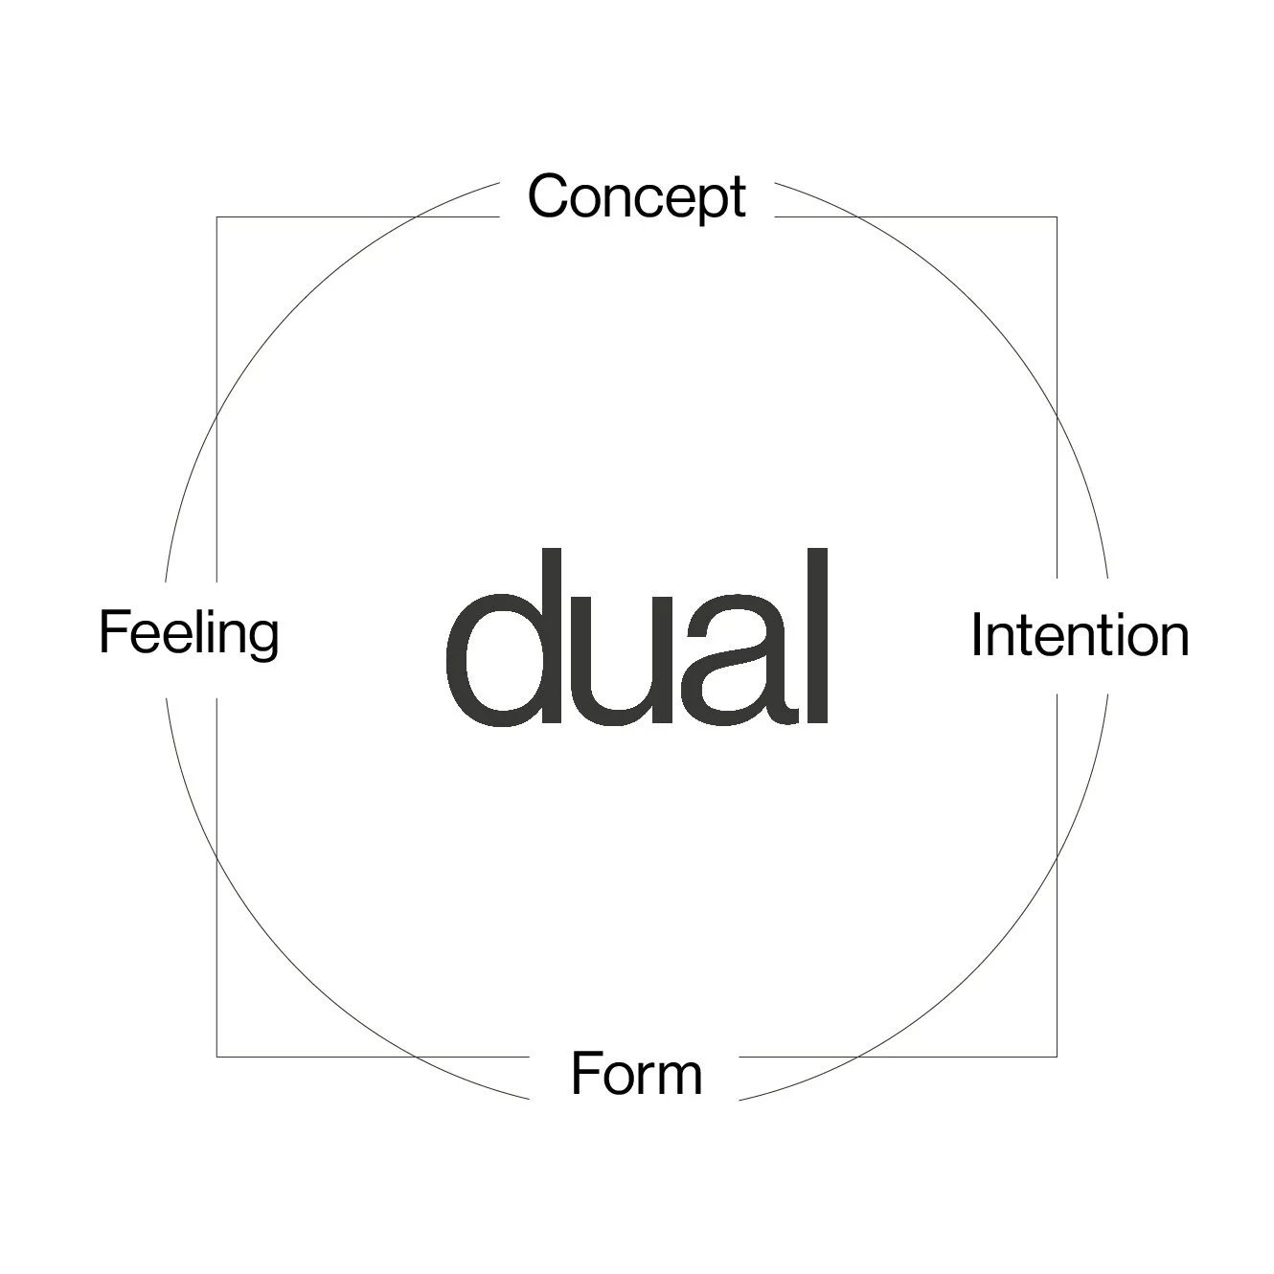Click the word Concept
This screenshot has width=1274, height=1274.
pyautogui.click(x=636, y=196)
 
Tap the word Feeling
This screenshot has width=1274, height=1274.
pyautogui.click(x=189, y=633)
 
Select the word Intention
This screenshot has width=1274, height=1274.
pyautogui.click(x=1080, y=635)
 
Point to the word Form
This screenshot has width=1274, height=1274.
pyautogui.click(x=636, y=1074)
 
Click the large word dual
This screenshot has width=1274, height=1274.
pyautogui.click(x=637, y=638)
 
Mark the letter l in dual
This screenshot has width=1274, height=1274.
pyautogui.click(x=815, y=636)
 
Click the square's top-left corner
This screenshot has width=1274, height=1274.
pyautogui.click(x=217, y=217)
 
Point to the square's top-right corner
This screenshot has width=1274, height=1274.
pyautogui.click(x=1057, y=217)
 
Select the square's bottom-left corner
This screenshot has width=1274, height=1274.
pyautogui.click(x=217, y=1057)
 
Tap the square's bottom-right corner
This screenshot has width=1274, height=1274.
pyautogui.click(x=1057, y=1057)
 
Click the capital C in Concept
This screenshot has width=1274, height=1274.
pyautogui.click(x=551, y=195)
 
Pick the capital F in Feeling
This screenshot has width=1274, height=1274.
pyautogui.click(x=113, y=632)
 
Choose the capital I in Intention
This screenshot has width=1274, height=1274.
pyautogui.click(x=977, y=635)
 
